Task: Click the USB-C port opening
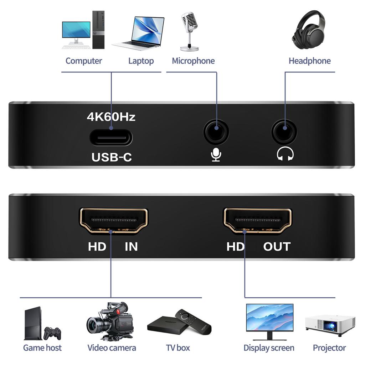[x=111, y=138]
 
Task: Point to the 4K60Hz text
[x=111, y=117]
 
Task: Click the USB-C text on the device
[x=112, y=157]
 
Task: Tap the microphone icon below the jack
[x=216, y=155]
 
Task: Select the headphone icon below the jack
[x=285, y=154]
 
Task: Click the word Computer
[x=84, y=61]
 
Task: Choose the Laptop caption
[x=141, y=61]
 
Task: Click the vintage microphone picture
[x=189, y=31]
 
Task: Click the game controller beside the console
[x=52, y=333]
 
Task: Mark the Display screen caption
[x=269, y=348]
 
